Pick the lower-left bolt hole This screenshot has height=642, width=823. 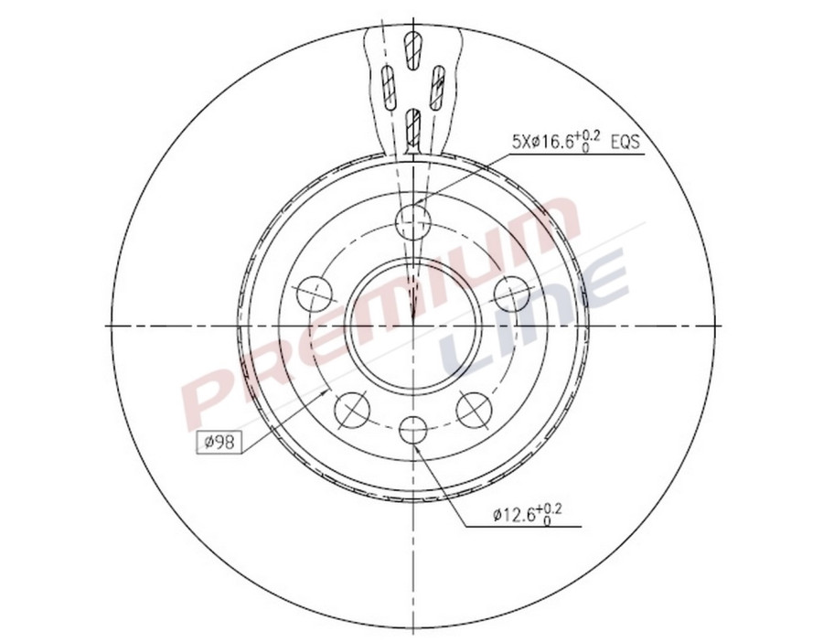point(352,409)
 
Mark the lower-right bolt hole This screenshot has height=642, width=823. point(474,409)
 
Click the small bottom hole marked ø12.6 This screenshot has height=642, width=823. point(413,430)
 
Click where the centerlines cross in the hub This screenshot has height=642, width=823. point(413,325)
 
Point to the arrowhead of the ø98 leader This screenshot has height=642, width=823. point(327,391)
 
